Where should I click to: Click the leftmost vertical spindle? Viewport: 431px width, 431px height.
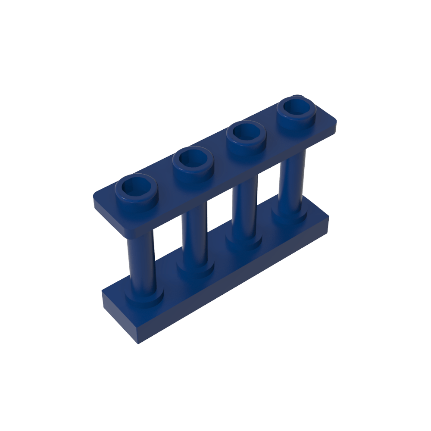point(140,263)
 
